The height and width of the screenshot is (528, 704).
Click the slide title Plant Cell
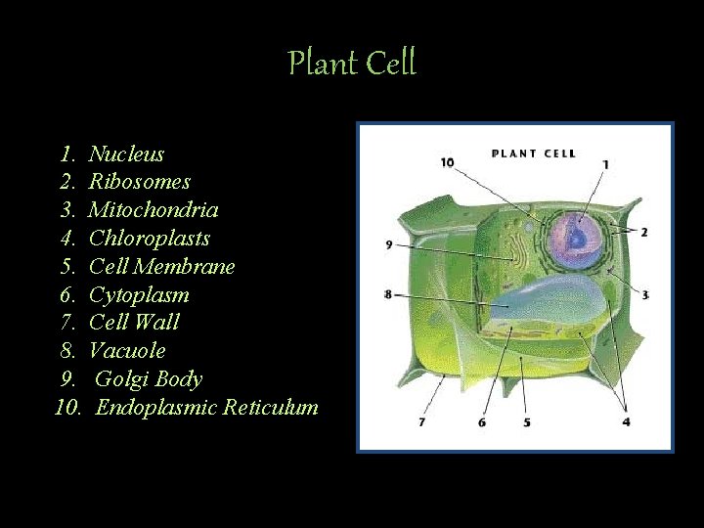(x=352, y=64)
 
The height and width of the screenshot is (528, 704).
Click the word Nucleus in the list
(x=126, y=154)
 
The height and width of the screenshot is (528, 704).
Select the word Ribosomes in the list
(x=139, y=182)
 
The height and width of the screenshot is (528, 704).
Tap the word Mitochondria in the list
(x=154, y=210)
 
